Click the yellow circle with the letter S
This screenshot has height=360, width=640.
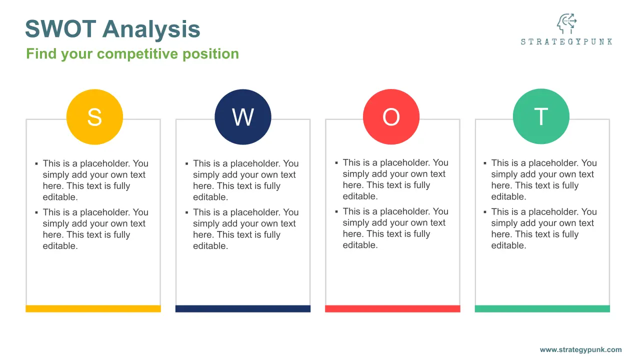(94, 117)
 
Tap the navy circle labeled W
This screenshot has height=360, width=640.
(243, 117)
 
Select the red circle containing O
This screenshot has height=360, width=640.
(391, 116)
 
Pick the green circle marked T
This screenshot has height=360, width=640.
(541, 116)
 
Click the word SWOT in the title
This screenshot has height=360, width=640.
(60, 29)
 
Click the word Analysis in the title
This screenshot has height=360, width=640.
(151, 29)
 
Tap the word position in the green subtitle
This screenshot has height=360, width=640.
(210, 54)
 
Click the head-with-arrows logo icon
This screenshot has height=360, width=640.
(566, 23)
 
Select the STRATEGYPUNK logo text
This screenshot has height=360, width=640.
(566, 41)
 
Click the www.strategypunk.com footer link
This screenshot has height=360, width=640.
(580, 349)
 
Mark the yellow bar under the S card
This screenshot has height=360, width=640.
(93, 308)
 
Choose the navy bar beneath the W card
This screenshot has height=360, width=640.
(243, 308)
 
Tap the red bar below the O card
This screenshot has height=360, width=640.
(392, 308)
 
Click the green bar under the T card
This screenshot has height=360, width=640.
(542, 308)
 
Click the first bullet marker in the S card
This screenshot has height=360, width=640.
(36, 163)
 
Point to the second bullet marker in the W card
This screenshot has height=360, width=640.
(187, 212)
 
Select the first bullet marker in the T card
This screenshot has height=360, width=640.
(485, 163)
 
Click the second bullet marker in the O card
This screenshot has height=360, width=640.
(336, 211)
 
